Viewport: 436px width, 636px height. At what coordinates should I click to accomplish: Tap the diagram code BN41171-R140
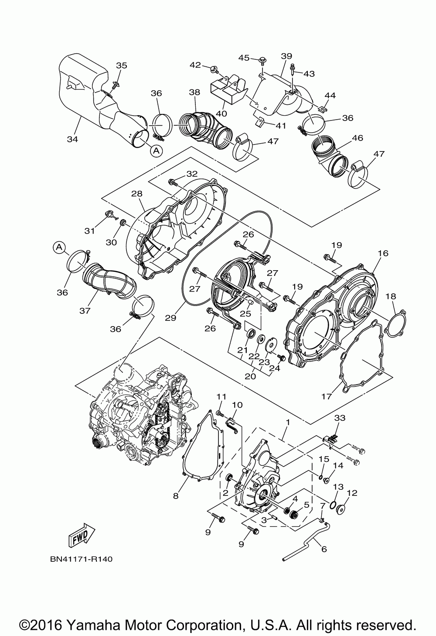[x=81, y=559]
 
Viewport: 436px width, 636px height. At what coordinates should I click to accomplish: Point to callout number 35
[x=122, y=65]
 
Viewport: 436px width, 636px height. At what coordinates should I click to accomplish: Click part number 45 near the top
[x=244, y=57]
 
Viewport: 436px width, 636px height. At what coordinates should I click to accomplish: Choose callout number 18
[x=391, y=296]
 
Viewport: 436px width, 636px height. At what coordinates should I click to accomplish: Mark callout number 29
[x=170, y=318]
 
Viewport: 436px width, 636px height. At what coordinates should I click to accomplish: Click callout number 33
[x=339, y=418]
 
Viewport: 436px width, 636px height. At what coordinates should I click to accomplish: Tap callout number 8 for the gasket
[x=176, y=496]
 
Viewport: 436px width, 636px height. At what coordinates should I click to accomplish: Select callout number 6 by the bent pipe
[x=323, y=549]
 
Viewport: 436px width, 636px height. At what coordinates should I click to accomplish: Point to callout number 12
[x=352, y=493]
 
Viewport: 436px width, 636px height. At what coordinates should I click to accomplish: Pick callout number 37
[x=85, y=310]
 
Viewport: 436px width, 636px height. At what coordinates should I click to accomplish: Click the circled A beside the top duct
[x=156, y=151]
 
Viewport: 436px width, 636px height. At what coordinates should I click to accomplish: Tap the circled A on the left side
[x=59, y=248]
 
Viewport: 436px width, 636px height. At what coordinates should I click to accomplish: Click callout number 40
[x=221, y=113]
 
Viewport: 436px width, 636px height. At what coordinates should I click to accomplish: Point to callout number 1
[x=287, y=423]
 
